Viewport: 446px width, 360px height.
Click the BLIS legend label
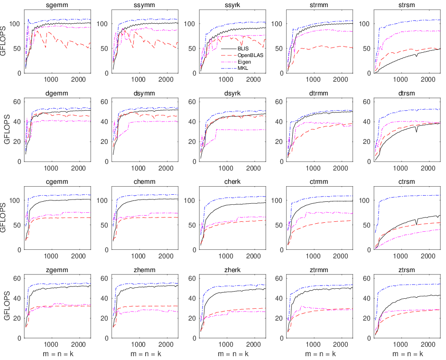pyautogui.click(x=245, y=49)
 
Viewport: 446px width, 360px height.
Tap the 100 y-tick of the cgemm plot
pyautogui.click(x=15, y=200)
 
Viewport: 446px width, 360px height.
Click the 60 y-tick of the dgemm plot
pyautogui.click(x=17, y=101)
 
